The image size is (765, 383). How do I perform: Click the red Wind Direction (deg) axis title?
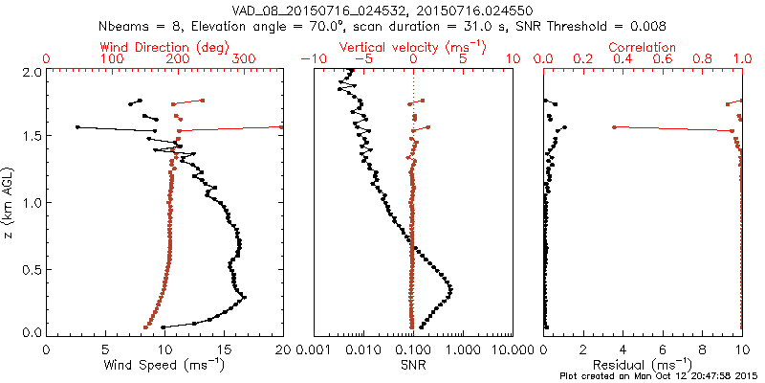click(x=162, y=47)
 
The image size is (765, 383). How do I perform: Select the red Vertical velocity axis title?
click(x=412, y=47)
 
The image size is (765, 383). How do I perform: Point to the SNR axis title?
click(x=412, y=365)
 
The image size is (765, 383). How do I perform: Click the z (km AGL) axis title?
click(x=12, y=201)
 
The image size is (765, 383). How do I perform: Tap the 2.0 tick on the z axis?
click(x=32, y=72)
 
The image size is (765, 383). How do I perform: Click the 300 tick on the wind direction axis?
click(x=243, y=59)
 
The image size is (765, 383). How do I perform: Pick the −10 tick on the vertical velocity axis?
click(x=314, y=59)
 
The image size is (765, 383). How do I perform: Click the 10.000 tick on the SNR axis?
click(x=511, y=350)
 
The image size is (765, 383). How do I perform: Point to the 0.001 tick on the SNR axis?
click(x=314, y=350)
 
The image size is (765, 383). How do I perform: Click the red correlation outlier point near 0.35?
click(x=614, y=126)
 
